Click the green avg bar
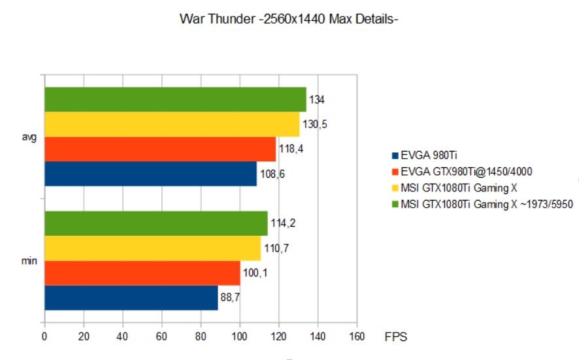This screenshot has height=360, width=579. (174, 99)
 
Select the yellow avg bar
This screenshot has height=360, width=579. (171, 124)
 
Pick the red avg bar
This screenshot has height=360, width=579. (159, 149)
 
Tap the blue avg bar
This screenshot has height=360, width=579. (150, 174)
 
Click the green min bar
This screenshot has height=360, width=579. (156, 223)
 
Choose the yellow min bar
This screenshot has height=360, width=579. (152, 248)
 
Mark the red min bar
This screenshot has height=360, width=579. (142, 273)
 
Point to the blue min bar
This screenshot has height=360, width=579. (131, 298)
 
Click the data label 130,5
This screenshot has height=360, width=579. (314, 124)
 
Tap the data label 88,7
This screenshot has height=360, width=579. (231, 298)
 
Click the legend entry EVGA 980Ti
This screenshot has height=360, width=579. (424, 155)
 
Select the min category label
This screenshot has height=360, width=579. (29, 261)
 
